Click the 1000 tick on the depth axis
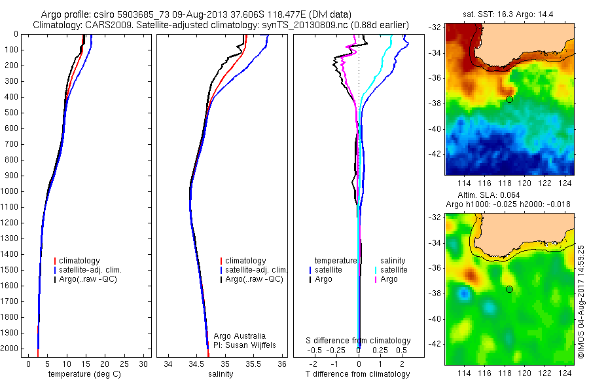[x=12, y=191]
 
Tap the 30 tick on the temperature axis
[x=144, y=364]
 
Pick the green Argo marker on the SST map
[x=509, y=98]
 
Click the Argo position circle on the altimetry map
[x=509, y=289]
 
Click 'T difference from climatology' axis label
[x=358, y=374]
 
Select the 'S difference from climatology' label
[x=359, y=341]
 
